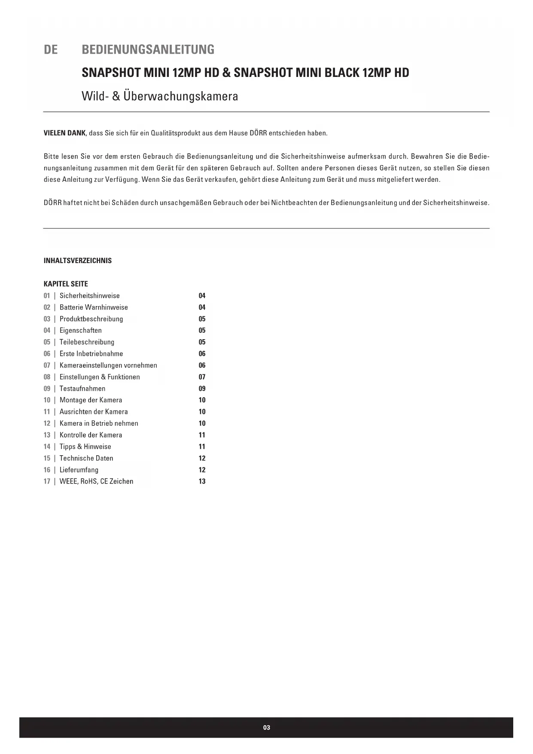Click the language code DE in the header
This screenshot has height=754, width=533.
click(x=51, y=50)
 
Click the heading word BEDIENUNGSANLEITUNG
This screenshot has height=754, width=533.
click(x=148, y=50)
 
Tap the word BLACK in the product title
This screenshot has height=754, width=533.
click(x=342, y=73)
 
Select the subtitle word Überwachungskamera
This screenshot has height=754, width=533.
click(x=180, y=96)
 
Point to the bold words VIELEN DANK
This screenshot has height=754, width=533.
click(x=64, y=133)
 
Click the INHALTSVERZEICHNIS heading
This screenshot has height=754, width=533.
click(x=78, y=261)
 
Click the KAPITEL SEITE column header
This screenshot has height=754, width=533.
click(x=66, y=284)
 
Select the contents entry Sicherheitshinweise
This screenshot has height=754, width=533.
click(x=89, y=296)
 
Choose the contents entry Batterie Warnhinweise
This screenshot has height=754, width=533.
click(x=94, y=307)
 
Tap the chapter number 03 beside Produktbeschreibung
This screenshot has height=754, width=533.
click(x=47, y=319)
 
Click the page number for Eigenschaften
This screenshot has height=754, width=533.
click(x=202, y=331)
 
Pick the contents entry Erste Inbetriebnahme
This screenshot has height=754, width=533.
click(x=91, y=354)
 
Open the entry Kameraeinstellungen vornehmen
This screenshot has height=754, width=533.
click(x=108, y=365)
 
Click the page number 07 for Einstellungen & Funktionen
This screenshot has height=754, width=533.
click(x=202, y=377)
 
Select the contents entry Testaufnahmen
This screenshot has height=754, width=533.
click(x=82, y=389)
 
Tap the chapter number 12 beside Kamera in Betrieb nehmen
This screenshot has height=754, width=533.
click(x=47, y=423)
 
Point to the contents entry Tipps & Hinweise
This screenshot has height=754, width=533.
click(x=85, y=447)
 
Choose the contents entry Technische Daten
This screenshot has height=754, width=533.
click(x=86, y=458)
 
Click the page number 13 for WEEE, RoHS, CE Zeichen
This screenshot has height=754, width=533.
click(x=202, y=481)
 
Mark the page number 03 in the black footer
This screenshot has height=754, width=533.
click(x=266, y=728)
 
